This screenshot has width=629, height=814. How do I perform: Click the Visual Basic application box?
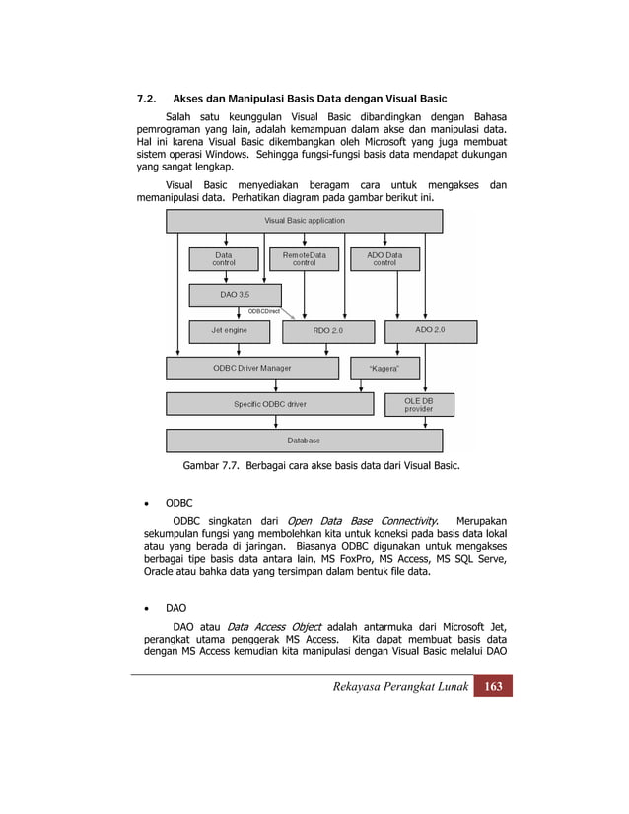click(304, 221)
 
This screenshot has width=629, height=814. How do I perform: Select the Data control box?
click(224, 258)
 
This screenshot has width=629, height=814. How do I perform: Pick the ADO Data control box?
click(384, 258)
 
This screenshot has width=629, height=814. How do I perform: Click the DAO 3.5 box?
click(235, 295)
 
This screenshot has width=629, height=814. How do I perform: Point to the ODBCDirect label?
click(263, 311)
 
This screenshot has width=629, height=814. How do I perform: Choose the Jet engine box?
click(229, 330)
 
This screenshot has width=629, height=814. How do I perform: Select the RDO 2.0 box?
click(328, 331)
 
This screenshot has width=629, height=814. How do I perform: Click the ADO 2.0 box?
click(430, 330)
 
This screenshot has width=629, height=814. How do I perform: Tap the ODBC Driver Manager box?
click(252, 368)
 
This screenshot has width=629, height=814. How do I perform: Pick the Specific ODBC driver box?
click(269, 404)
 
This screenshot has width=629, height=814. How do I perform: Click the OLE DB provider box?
click(418, 404)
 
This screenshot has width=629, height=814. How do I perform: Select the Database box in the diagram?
click(304, 441)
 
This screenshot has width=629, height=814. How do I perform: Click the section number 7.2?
click(146, 100)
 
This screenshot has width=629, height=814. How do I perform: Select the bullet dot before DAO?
click(146, 608)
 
